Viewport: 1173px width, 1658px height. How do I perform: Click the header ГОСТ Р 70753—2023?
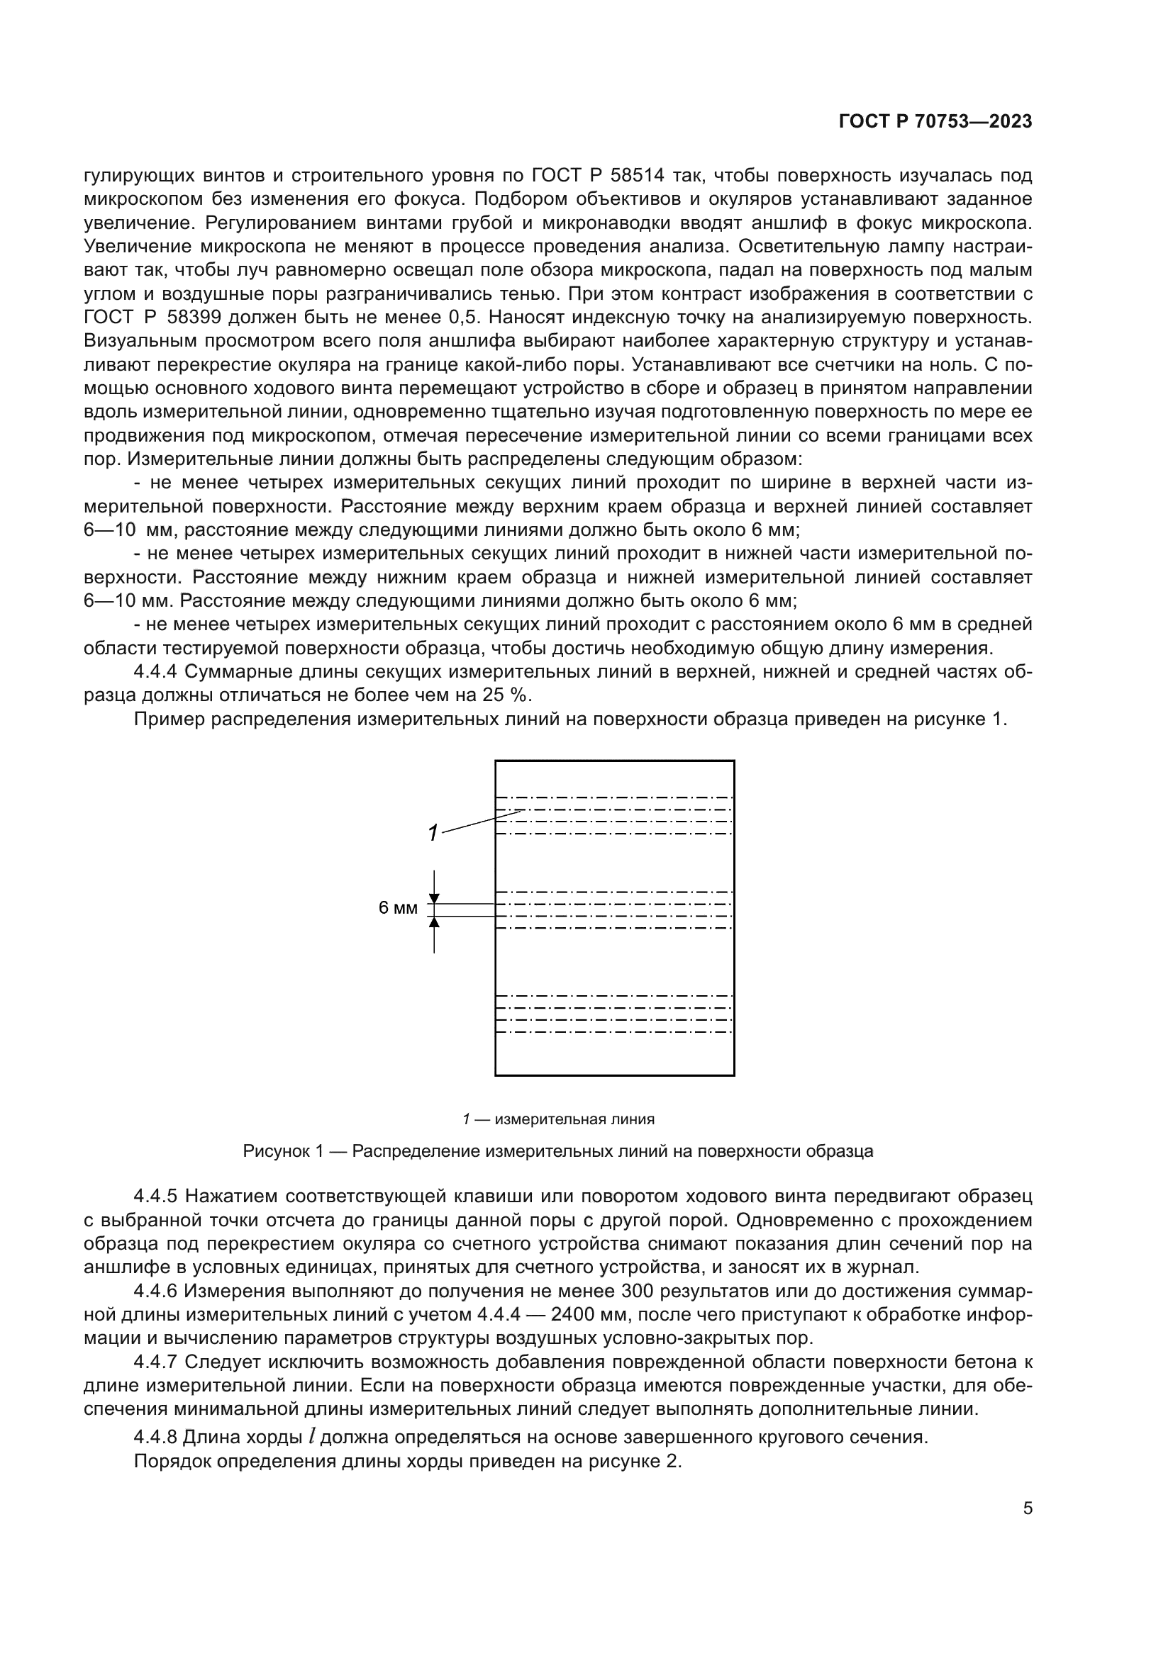935,121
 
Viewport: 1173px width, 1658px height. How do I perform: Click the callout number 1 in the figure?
432,834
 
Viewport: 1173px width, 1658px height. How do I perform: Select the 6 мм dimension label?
398,909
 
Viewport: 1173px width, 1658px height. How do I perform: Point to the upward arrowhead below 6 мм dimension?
434,922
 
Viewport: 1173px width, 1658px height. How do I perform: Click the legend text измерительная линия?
574,1119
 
